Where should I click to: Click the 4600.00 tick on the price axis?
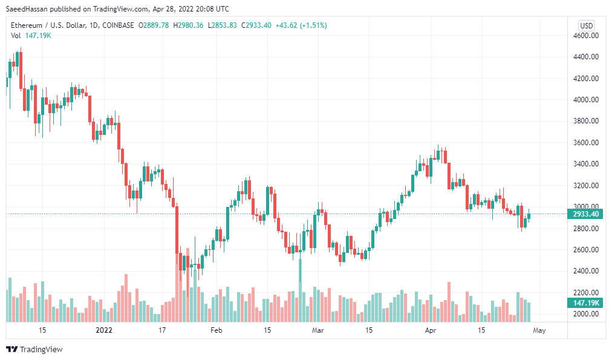[586, 36]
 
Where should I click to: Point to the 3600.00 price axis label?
[586, 143]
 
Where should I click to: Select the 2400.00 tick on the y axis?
[586, 271]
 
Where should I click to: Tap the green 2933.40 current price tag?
[585, 214]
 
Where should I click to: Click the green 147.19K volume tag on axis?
[585, 303]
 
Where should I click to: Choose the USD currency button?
[586, 25]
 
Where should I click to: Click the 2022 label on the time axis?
[104, 330]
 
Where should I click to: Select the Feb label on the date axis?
[216, 330]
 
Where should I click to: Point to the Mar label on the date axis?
[318, 330]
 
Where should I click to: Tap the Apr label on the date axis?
[431, 330]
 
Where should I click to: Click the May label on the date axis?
[539, 330]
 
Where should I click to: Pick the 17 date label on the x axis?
[161, 330]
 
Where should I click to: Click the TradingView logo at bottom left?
[34, 350]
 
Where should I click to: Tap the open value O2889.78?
[154, 25]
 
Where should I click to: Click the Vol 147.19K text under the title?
[31, 36]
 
